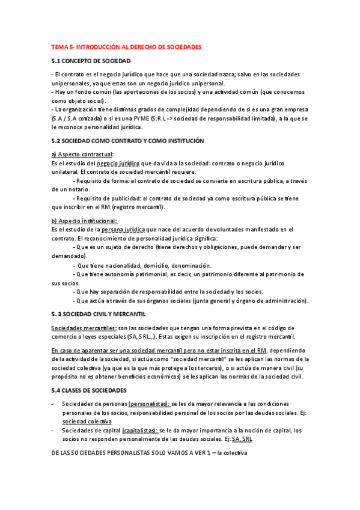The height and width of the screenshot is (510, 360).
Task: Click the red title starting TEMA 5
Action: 126,46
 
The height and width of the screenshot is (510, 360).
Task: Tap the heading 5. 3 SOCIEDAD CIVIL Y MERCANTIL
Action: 99,314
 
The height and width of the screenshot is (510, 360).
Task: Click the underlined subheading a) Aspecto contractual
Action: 83,155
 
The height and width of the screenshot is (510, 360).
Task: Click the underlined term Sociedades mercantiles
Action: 84,328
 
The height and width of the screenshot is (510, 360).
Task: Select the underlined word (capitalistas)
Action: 139,431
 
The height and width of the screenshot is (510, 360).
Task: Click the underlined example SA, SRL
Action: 236,440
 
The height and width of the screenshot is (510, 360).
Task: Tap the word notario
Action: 85,189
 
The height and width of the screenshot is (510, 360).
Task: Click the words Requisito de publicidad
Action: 108,198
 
